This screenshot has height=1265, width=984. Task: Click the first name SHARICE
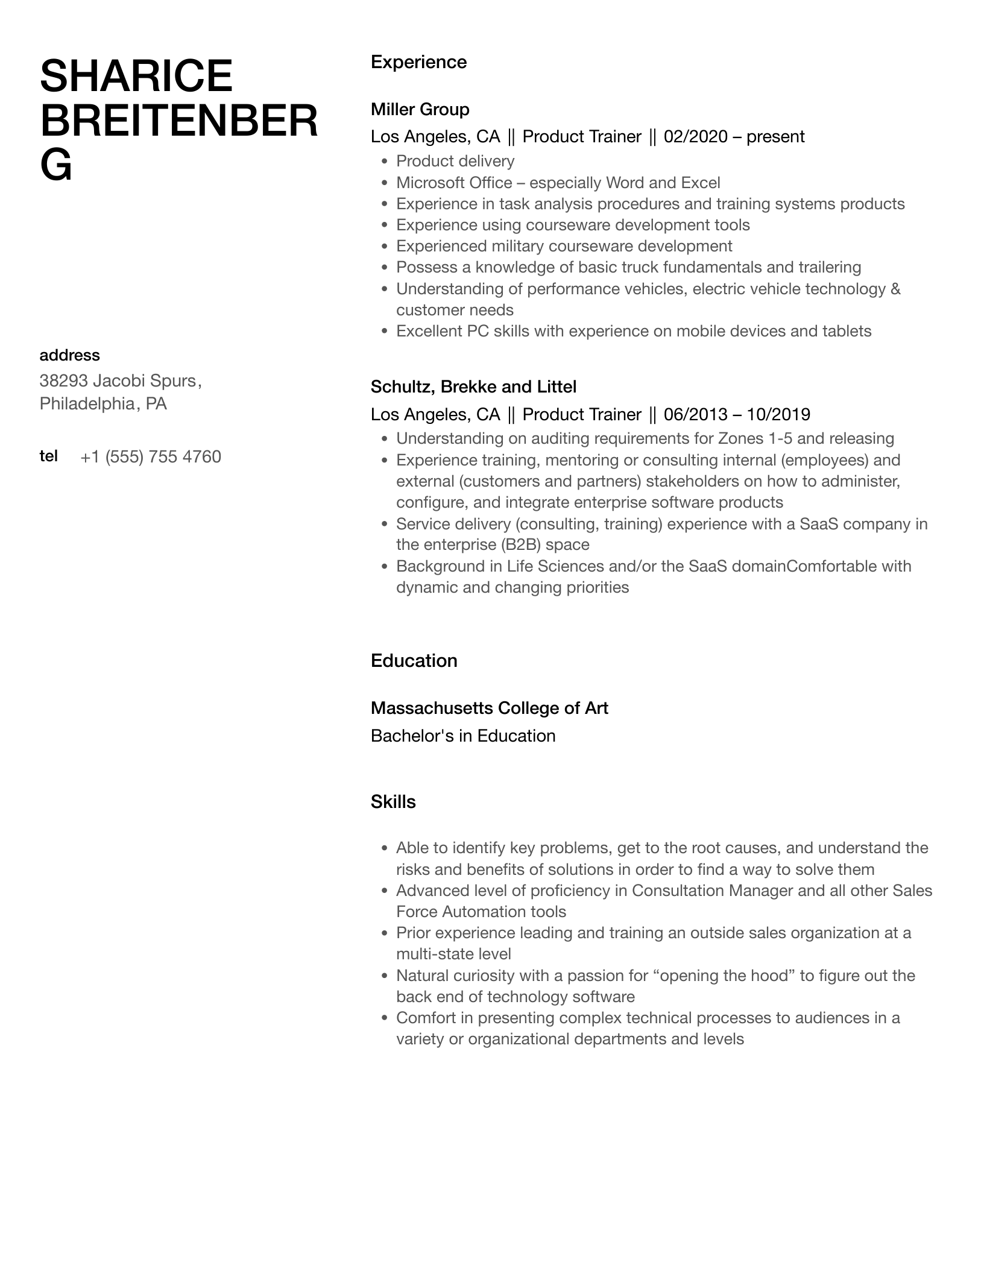click(x=136, y=77)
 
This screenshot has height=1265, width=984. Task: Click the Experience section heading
click(x=418, y=62)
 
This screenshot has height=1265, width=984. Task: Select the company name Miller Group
click(x=420, y=109)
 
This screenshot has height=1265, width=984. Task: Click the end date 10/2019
click(x=778, y=414)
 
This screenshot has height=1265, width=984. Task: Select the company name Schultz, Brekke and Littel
click(x=473, y=386)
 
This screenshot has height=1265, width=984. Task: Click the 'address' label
click(x=69, y=355)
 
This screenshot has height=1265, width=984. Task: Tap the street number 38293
click(x=64, y=381)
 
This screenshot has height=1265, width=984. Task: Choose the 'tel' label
click(x=48, y=456)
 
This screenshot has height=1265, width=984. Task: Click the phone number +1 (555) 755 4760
click(x=151, y=457)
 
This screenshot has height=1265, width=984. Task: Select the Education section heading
click(x=414, y=661)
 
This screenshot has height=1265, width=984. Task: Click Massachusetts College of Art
click(x=489, y=708)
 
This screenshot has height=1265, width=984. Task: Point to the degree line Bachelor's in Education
click(x=463, y=736)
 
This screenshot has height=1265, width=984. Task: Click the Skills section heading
click(x=393, y=802)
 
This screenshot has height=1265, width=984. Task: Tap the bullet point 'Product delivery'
click(x=455, y=161)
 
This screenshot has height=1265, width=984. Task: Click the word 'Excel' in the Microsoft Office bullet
click(x=700, y=183)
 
